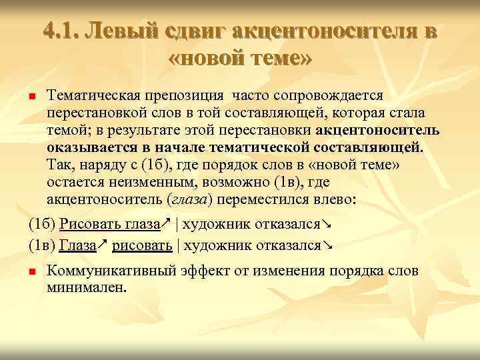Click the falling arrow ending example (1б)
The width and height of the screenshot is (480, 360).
[x=327, y=225]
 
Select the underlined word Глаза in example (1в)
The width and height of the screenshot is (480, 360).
[x=77, y=245]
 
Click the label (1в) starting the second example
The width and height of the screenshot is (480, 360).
[x=43, y=245]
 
